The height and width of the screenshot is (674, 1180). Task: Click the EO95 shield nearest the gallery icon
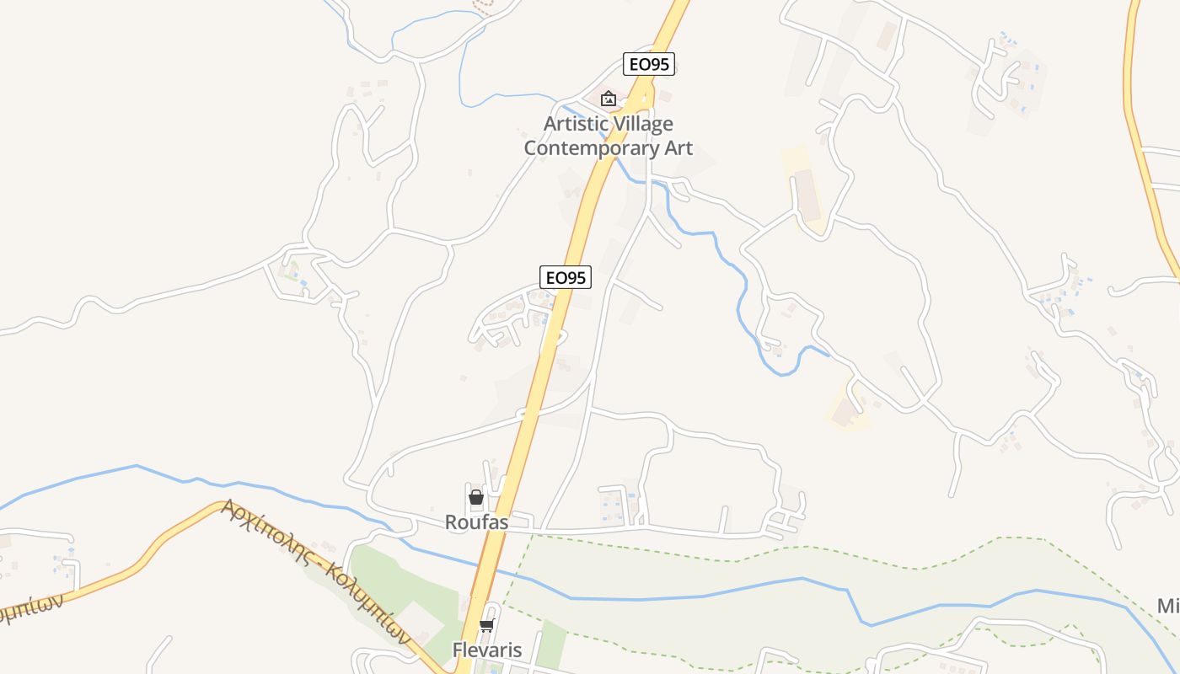[649, 64]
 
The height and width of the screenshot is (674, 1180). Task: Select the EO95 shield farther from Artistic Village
[565, 277]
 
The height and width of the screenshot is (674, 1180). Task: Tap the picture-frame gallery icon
[608, 99]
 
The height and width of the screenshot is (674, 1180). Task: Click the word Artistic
[573, 124]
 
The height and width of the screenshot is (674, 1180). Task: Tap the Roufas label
[477, 522]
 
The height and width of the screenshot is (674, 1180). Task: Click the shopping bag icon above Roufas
[476, 496]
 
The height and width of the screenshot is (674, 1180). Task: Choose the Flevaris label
[487, 650]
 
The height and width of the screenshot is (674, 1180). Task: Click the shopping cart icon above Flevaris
[486, 625]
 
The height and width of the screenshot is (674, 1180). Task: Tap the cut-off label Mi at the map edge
[1168, 607]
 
